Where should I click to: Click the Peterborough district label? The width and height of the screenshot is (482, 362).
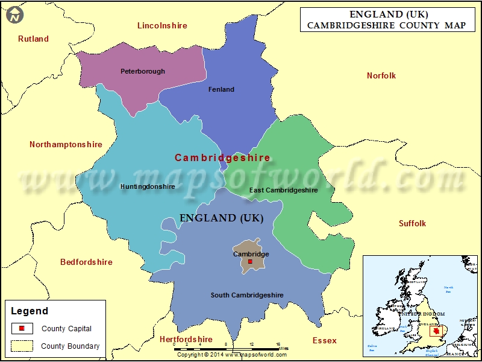point(143,71)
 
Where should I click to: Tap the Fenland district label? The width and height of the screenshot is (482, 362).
point(221,89)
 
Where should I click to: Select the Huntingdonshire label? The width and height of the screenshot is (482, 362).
point(148,186)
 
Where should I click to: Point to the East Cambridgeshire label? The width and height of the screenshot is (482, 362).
point(283,190)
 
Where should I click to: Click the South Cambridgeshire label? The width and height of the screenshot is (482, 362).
point(247,295)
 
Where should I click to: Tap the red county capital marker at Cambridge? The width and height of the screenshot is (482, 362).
point(250,262)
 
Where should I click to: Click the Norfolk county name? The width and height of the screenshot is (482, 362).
point(381,75)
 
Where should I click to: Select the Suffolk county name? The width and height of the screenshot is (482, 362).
point(412,223)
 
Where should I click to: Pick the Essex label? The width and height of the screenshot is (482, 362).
point(325,340)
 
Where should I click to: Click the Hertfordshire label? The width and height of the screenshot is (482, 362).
point(186,340)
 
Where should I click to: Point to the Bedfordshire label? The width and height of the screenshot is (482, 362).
point(86,262)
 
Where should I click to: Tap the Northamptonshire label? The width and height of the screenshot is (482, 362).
point(66,145)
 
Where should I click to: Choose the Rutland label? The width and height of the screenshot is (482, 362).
point(33,39)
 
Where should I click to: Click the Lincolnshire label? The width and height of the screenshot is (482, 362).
point(162,25)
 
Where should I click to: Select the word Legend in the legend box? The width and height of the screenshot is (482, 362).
point(29,311)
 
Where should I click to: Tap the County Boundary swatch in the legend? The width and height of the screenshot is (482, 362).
point(22,346)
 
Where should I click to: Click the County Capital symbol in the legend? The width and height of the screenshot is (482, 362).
point(22,329)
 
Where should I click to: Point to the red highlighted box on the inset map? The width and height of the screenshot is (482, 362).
point(434,331)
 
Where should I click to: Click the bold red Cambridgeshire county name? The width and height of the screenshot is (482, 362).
point(222,157)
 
